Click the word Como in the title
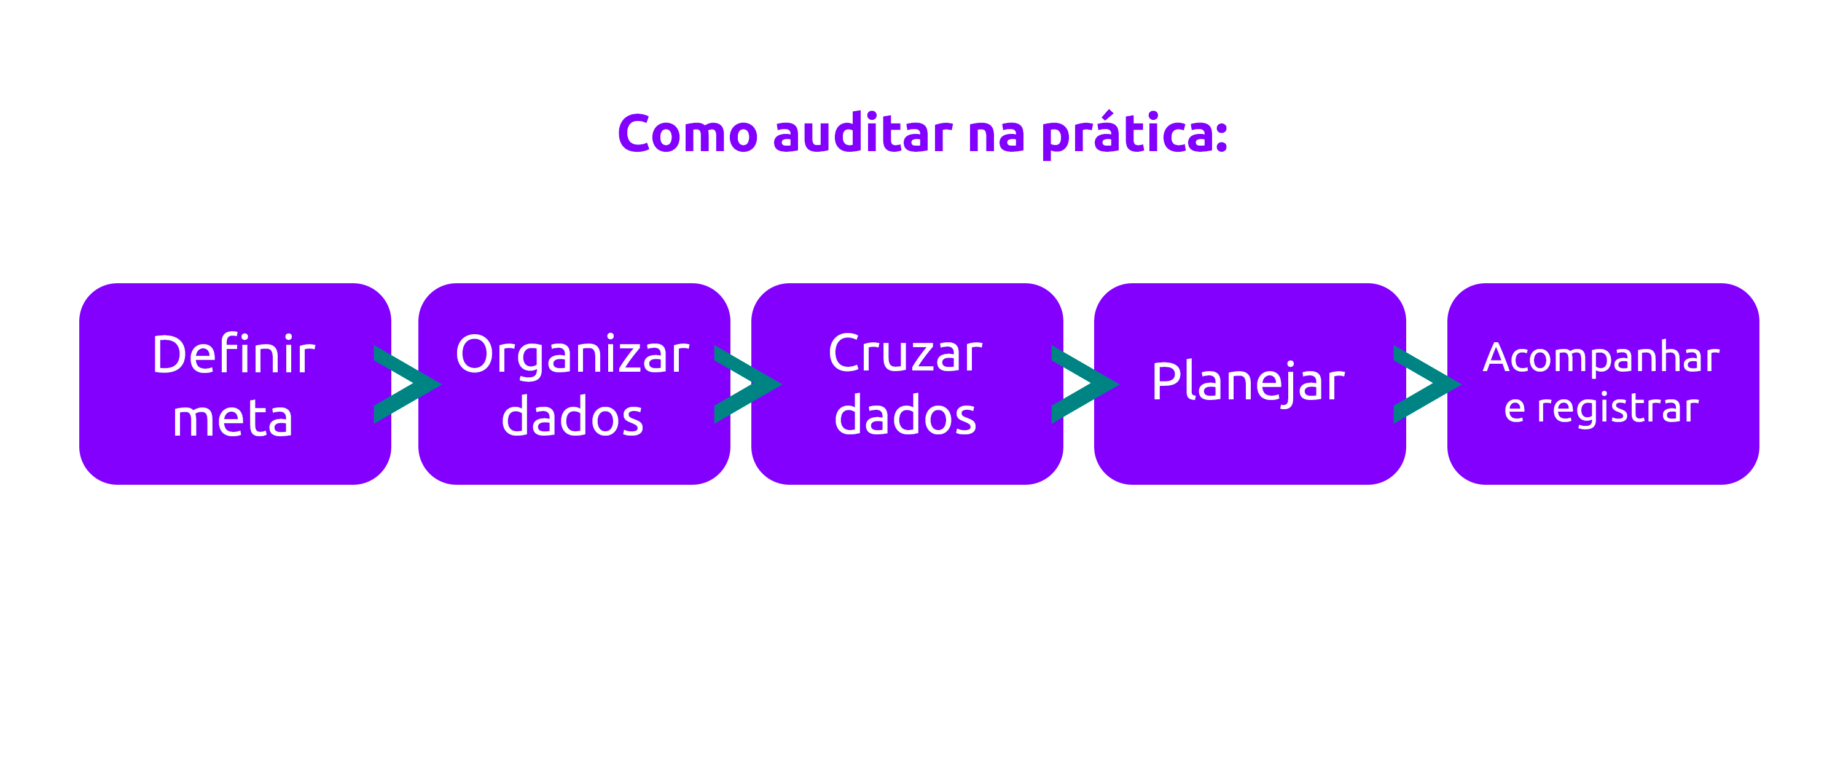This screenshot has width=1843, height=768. [687, 134]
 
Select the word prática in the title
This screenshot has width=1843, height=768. [1127, 136]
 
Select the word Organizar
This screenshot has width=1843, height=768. [573, 356]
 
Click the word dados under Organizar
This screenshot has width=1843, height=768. [573, 417]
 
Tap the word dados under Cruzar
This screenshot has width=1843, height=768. [905, 417]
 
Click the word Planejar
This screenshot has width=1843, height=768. [1248, 383]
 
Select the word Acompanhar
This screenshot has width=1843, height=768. [1601, 357]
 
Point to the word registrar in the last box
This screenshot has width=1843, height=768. [1618, 409]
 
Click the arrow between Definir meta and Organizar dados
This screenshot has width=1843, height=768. [405, 385]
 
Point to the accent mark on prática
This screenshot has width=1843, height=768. [1107, 113]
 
